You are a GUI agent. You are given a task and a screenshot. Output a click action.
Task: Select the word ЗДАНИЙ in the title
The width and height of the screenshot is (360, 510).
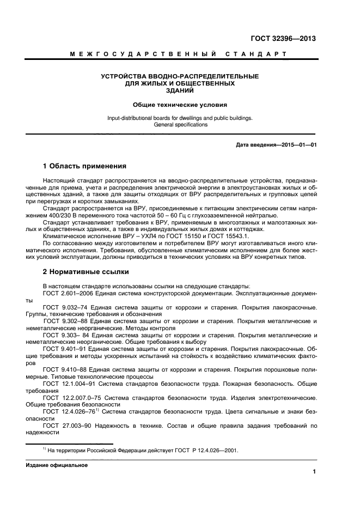pyautogui.click(x=180, y=91)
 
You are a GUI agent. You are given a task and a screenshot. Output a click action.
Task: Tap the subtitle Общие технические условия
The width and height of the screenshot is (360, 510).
pyautogui.click(x=180, y=104)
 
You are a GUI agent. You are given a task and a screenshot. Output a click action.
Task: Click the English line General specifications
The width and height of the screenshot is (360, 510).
pyautogui.click(x=180, y=125)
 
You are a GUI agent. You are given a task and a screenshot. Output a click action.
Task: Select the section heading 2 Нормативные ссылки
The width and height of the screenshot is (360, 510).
pyautogui.click(x=86, y=271)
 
